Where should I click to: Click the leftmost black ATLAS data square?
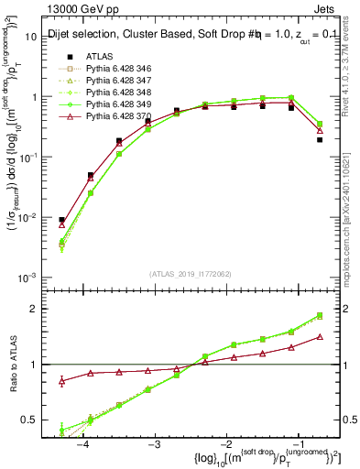[61, 221]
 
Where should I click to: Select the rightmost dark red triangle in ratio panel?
[320, 336]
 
